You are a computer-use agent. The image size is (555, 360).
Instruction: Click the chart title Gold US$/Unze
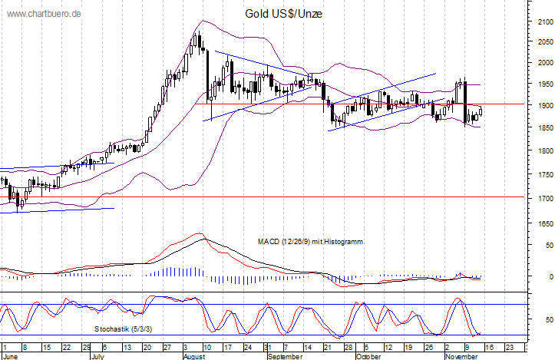click(283, 14)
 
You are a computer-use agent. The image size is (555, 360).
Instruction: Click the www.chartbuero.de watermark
click(44, 14)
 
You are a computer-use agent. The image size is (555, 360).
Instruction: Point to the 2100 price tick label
click(545, 22)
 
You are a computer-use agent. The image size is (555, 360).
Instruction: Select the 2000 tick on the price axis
click(545, 63)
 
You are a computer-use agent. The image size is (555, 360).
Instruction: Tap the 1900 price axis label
click(545, 105)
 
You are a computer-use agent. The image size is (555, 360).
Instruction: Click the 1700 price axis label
click(545, 198)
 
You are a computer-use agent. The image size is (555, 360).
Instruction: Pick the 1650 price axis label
click(545, 223)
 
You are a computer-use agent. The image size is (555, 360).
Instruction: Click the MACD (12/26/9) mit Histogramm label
click(310, 242)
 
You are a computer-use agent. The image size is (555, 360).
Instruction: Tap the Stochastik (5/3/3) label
click(123, 329)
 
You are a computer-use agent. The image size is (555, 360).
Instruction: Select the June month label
click(10, 356)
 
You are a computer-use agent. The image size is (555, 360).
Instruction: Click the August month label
click(194, 356)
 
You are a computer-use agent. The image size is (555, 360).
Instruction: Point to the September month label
click(285, 356)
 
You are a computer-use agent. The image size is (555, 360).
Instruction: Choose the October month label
click(368, 356)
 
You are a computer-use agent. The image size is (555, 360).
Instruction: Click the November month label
click(461, 356)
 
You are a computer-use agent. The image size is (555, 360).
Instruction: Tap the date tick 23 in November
click(510, 348)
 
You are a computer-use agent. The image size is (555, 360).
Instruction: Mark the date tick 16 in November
click(489, 348)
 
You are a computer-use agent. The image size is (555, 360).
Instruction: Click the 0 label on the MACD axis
click(550, 276)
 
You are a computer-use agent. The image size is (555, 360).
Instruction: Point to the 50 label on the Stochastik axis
click(550, 319)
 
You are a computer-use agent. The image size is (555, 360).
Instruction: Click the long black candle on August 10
click(208, 76)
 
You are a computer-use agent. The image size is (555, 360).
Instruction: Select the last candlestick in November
click(481, 112)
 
